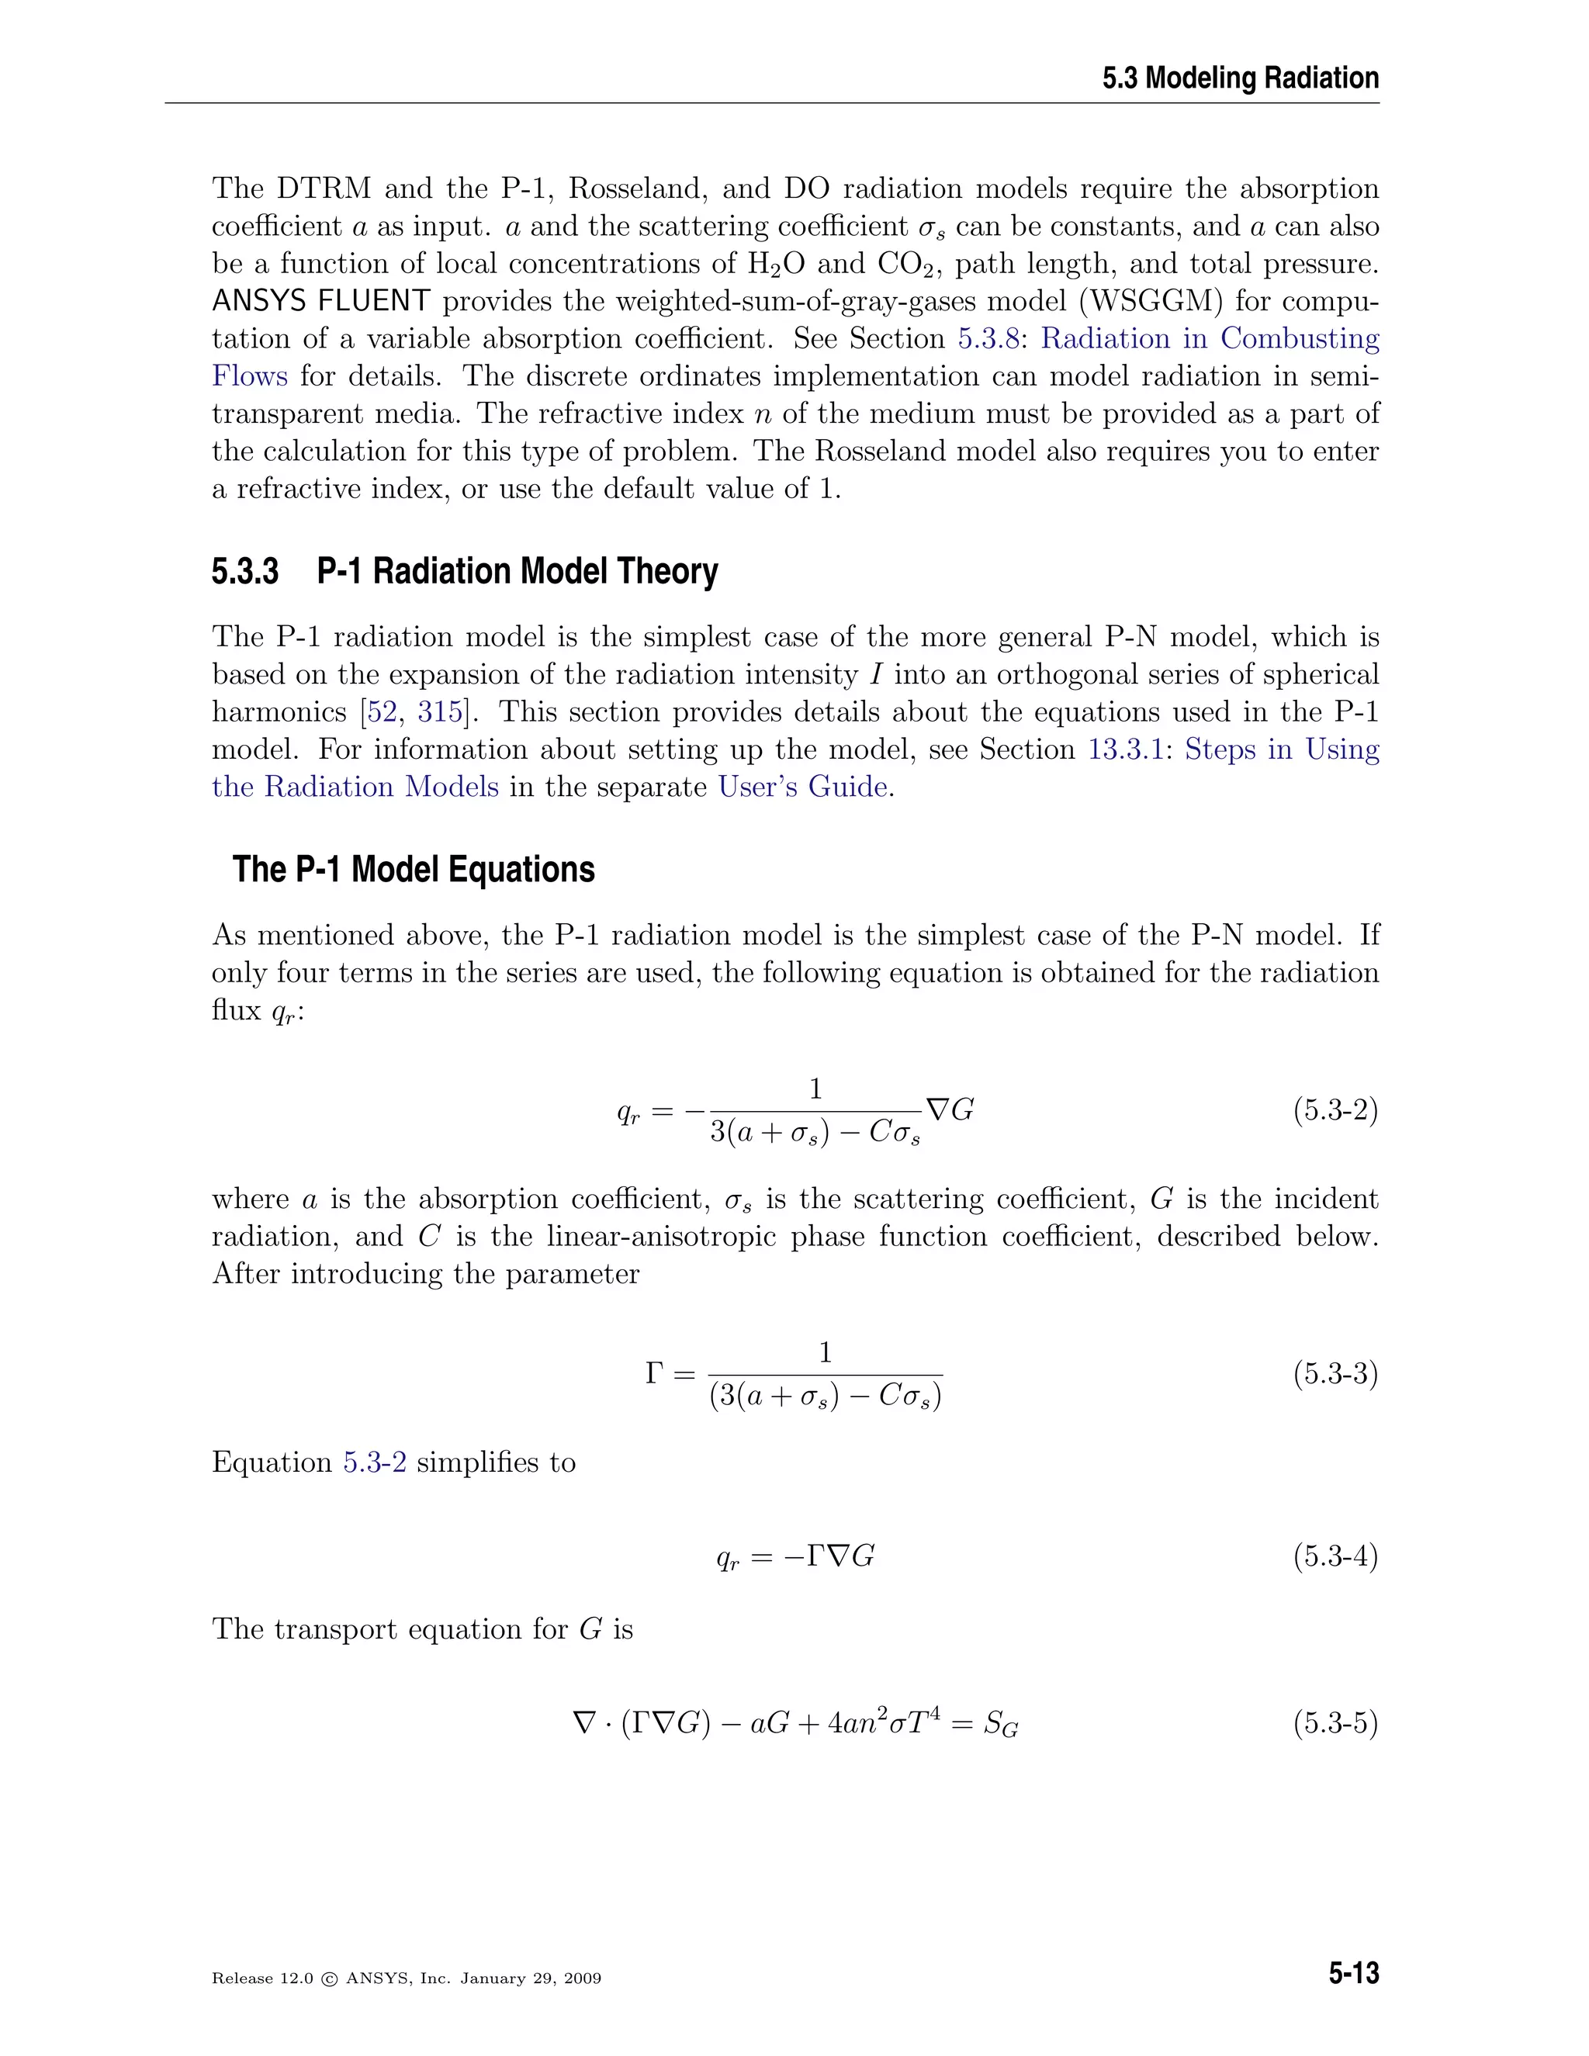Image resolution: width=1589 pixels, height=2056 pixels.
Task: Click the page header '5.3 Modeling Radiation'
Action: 1240,78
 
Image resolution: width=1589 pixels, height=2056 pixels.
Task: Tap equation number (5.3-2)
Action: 1335,1111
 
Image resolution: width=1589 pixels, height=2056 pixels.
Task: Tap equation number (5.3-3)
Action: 1335,1375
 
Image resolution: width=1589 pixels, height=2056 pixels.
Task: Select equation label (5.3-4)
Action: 1335,1556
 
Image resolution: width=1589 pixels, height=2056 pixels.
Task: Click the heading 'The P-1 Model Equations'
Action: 414,869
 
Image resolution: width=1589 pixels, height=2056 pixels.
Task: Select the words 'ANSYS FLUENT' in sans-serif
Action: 321,301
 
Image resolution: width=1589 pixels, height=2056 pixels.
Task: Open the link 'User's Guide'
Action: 802,786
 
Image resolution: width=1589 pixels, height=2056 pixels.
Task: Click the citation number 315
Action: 440,711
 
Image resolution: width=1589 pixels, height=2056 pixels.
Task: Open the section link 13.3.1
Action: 1125,749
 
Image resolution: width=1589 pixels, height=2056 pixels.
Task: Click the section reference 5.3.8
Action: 988,339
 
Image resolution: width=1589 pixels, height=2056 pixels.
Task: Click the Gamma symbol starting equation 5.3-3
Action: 655,1375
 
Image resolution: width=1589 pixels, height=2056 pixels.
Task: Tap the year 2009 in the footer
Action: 581,1979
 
